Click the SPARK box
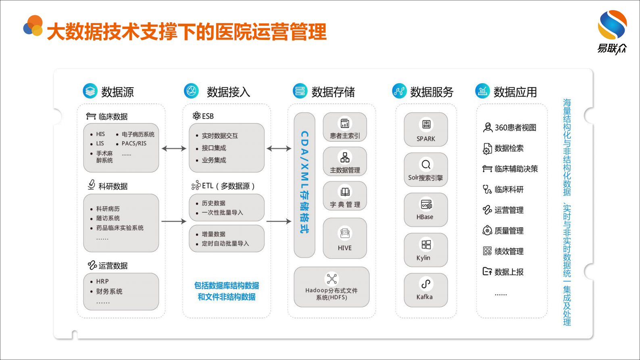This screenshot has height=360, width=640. (x=426, y=130)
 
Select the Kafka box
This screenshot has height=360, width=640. (x=426, y=290)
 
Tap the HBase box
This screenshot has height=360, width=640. (x=426, y=210)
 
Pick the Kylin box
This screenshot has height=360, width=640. (x=426, y=250)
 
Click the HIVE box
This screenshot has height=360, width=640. (x=345, y=238)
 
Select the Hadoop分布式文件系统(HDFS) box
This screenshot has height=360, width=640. (x=331, y=287)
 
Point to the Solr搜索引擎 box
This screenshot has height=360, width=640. (x=426, y=170)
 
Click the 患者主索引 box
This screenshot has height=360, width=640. (x=345, y=127)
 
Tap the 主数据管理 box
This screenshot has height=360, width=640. (x=345, y=161)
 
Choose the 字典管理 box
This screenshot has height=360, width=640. (x=345, y=196)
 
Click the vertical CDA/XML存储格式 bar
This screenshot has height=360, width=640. (x=304, y=185)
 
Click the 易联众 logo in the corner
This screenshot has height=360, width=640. (x=612, y=32)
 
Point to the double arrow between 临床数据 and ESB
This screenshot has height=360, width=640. (x=174, y=149)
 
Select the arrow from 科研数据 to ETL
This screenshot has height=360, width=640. (x=174, y=221)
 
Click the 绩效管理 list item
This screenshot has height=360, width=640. (x=509, y=251)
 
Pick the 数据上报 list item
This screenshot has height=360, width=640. (x=509, y=272)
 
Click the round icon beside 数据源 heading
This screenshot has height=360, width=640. (x=90, y=91)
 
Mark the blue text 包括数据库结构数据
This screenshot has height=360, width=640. (x=227, y=286)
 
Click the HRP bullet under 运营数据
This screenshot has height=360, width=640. (x=102, y=281)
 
